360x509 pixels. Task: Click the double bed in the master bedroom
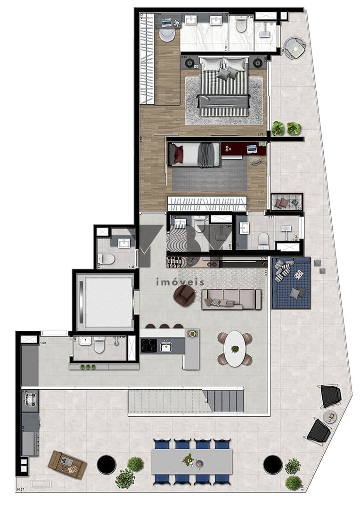coord(224,87)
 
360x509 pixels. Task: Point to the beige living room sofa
coord(231,299)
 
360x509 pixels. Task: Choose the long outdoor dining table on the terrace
coord(192,461)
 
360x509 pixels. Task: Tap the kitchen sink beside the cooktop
coord(166,347)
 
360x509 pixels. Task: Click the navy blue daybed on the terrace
coord(291,283)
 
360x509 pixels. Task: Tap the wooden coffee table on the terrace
coord(67,464)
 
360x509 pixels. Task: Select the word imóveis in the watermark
coord(180,282)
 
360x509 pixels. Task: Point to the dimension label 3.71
coord(260,135)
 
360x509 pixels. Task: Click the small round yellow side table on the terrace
coord(330,416)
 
